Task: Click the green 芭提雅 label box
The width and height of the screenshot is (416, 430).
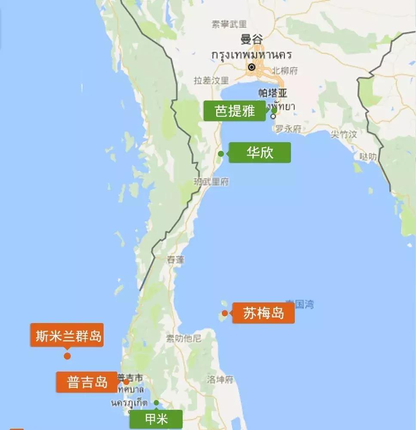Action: (235, 111)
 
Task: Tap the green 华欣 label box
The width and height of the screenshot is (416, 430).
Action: (260, 152)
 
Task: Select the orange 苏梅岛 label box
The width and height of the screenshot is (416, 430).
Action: (263, 313)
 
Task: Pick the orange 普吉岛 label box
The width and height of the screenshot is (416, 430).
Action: (87, 382)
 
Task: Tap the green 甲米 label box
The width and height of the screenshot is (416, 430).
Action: (156, 419)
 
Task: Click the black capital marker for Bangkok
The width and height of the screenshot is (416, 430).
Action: (252, 67)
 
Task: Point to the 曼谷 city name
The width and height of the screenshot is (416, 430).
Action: (251, 40)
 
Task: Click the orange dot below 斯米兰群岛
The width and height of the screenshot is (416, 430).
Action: (67, 356)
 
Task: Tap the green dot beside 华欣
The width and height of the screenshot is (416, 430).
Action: (221, 153)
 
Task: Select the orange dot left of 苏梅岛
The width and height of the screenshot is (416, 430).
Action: (224, 313)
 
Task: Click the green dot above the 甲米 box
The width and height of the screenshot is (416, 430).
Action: (156, 403)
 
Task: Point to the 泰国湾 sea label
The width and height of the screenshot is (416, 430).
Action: (300, 305)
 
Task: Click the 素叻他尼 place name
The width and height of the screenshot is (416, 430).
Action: (184, 339)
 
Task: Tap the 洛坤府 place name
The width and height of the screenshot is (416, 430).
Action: (220, 379)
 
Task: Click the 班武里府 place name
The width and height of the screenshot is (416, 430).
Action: (211, 182)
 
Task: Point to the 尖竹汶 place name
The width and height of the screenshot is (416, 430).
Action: (344, 134)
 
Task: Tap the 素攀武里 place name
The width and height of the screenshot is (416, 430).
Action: (229, 24)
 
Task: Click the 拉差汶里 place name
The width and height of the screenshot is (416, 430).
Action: (211, 80)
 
